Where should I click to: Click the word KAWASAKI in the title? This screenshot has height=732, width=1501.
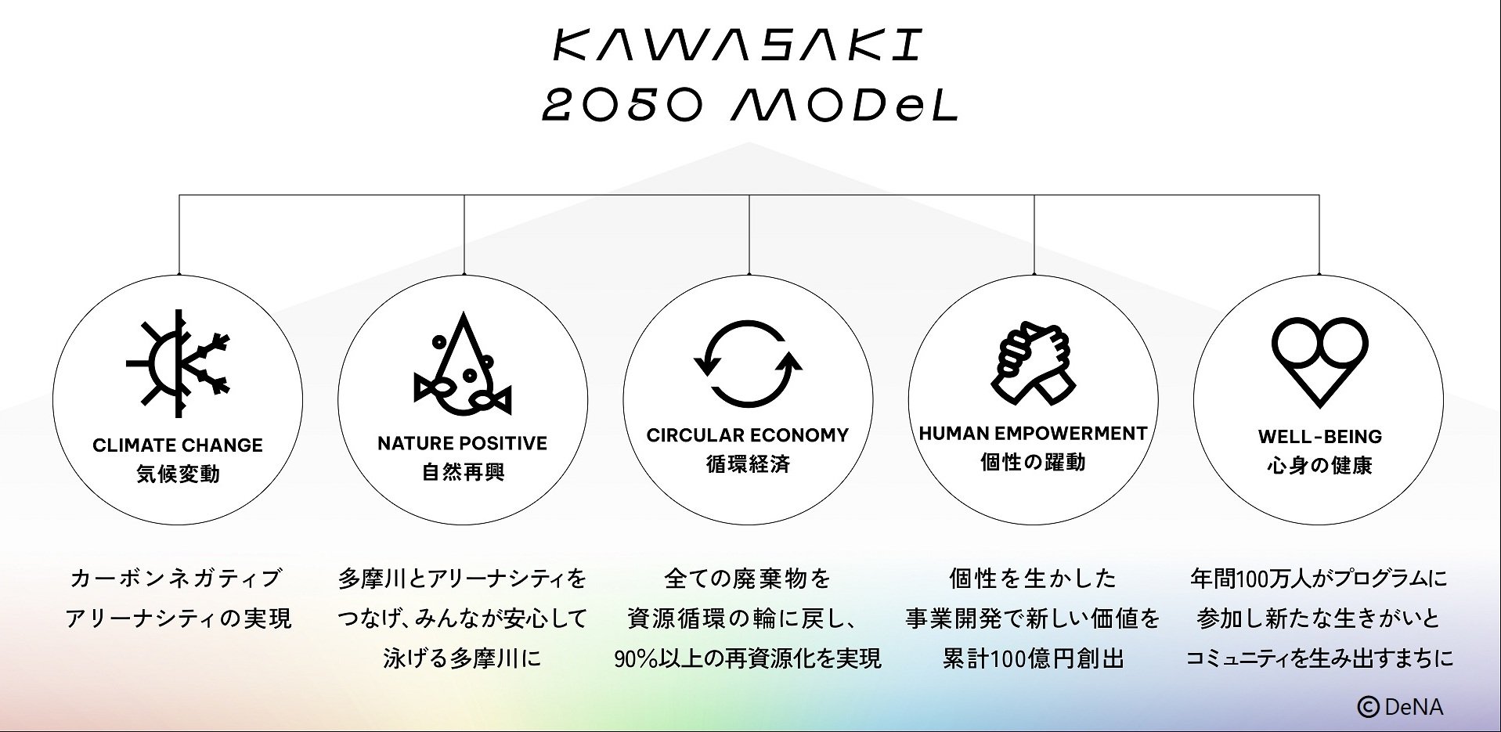(x=738, y=46)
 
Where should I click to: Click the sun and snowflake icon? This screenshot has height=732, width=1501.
(x=179, y=365)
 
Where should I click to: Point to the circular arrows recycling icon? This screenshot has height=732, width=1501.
(x=748, y=364)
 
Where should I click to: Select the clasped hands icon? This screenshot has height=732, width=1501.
(x=1033, y=364)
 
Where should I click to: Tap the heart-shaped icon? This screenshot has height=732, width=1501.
(x=1319, y=361)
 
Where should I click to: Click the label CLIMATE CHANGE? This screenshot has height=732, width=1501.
(x=178, y=445)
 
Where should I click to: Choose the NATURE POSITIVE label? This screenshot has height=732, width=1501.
(x=462, y=444)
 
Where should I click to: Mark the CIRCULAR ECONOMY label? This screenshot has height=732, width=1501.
(x=748, y=435)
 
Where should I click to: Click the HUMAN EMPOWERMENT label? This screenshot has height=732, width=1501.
(x=1033, y=434)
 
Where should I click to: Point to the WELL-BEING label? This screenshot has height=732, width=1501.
(x=1319, y=437)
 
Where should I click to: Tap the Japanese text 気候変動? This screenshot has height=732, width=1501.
(x=178, y=474)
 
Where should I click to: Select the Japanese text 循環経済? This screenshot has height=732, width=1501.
(x=748, y=464)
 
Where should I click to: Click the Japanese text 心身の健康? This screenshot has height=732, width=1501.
(x=1319, y=466)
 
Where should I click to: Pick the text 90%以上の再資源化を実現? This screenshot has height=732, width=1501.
(x=748, y=658)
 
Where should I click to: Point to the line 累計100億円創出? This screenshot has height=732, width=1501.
(x=1033, y=658)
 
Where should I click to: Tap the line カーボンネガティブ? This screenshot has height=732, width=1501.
(x=176, y=579)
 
